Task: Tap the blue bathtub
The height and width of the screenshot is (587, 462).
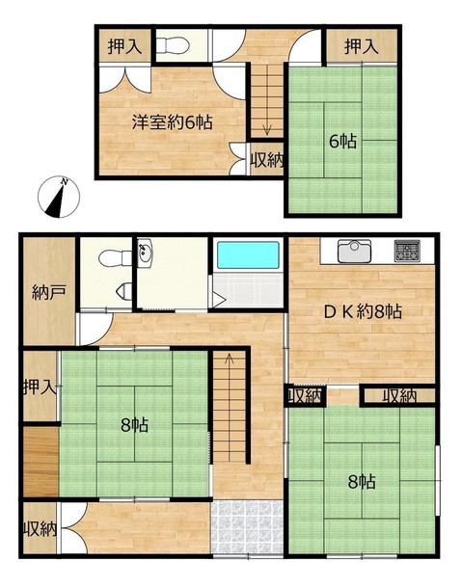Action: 249,254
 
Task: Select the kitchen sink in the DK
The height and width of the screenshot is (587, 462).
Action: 354,251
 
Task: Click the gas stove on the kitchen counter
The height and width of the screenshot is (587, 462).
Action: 407,251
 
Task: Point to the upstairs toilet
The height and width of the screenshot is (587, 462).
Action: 172,45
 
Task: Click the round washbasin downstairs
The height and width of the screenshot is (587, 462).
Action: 145,253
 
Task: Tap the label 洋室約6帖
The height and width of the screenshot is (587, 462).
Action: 172,122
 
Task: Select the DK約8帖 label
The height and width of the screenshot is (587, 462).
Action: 363,312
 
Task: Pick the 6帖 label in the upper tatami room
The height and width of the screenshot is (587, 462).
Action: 342,142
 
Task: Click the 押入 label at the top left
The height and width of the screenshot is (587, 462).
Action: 124,46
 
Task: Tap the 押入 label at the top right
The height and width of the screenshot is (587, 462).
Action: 361,46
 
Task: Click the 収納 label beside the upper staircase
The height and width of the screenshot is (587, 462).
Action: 267,160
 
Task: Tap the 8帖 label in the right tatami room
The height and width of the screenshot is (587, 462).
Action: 362,482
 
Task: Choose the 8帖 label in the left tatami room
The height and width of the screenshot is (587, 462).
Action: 134,425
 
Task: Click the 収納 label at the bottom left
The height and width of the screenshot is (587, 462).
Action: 41,529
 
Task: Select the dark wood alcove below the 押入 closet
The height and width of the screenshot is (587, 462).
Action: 41,462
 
